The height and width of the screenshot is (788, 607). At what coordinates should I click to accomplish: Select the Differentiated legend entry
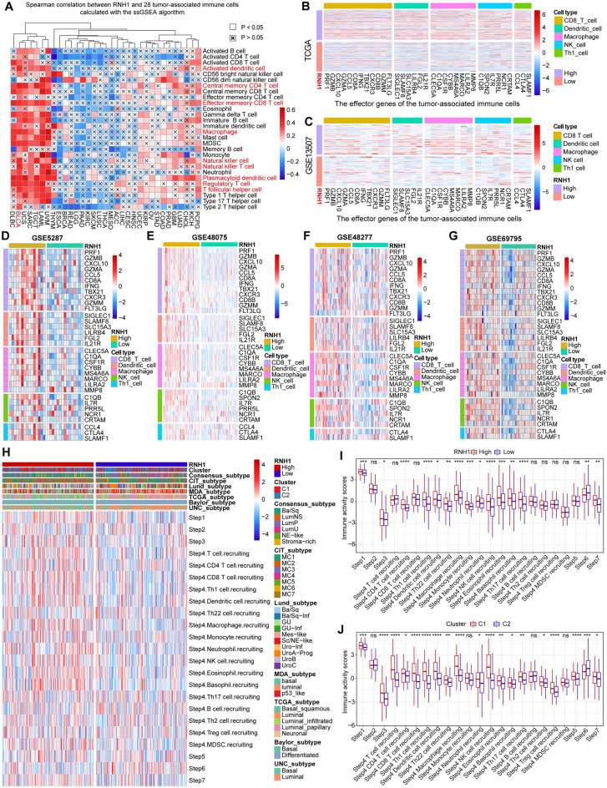(x=308, y=755)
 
